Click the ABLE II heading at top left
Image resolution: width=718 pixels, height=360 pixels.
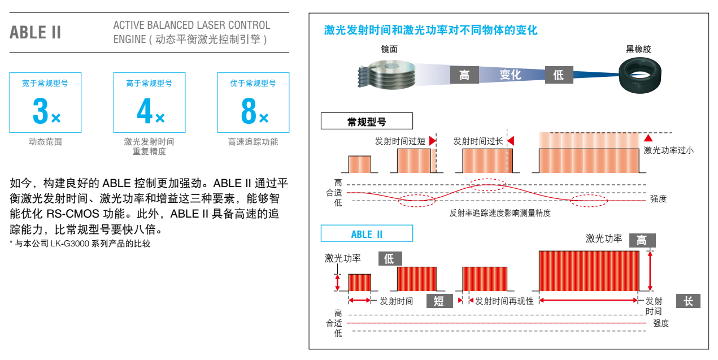(x=35, y=32)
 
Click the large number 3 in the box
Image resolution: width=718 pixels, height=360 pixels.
(x=40, y=111)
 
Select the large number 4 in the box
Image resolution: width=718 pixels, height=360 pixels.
(x=145, y=111)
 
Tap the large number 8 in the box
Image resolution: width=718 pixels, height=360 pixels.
(x=249, y=111)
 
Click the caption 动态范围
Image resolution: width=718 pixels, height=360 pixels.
(x=45, y=142)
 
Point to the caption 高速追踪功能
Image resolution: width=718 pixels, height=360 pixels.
(x=253, y=142)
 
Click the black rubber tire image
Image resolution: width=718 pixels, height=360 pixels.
(x=639, y=75)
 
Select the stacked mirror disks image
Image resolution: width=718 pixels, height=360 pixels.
(x=386, y=75)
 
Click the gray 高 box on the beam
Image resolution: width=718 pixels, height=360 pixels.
(x=464, y=75)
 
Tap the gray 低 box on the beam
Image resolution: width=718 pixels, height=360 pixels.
(x=559, y=75)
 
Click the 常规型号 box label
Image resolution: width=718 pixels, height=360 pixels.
(x=367, y=121)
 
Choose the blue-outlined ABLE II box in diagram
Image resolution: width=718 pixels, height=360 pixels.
(x=367, y=233)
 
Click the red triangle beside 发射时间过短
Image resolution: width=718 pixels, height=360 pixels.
(x=433, y=141)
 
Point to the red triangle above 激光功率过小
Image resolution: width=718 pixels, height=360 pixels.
(x=649, y=138)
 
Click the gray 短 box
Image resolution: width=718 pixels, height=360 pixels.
(x=439, y=301)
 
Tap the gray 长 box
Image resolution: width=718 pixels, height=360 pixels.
(x=688, y=301)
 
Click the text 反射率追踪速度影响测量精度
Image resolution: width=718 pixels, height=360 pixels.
(x=500, y=213)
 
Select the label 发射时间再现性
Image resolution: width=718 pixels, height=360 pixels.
(x=504, y=301)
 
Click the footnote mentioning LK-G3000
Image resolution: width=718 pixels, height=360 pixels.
(x=80, y=244)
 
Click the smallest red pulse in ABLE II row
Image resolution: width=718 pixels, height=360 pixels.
(x=360, y=283)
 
